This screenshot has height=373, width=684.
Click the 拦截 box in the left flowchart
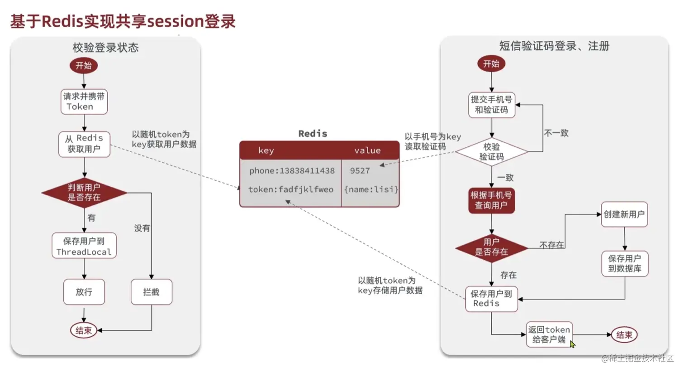(152, 292)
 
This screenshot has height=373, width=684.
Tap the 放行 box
(84, 292)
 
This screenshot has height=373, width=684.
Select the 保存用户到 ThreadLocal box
(84, 246)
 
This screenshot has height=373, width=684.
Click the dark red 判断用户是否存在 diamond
(84, 193)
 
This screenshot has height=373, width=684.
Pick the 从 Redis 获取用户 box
(84, 144)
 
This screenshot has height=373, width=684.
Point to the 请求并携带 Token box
(84, 102)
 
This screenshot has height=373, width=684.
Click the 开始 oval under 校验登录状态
(84, 66)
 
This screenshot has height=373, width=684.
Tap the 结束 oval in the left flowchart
(84, 330)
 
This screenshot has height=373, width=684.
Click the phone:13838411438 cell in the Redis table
(292, 171)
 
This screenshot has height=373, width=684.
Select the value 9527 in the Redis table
(360, 171)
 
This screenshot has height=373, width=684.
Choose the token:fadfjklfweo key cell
(291, 189)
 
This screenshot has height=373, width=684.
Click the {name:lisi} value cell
(371, 189)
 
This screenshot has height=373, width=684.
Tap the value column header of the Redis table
(367, 150)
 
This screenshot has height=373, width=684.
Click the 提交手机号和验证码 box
(492, 105)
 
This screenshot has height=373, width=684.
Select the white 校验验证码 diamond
(492, 152)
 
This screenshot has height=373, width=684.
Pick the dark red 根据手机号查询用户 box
(491, 200)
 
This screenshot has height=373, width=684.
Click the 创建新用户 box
(624, 214)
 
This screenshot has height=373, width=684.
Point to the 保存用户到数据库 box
(625, 263)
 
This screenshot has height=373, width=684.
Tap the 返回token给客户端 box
(549, 335)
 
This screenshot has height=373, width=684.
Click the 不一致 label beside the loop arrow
(556, 133)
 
